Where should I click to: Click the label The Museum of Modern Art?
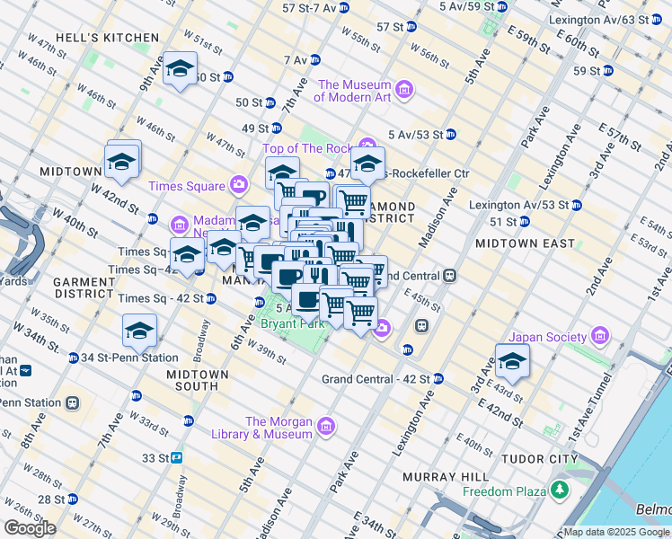pos(352,91)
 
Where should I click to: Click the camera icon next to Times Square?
pos(238,185)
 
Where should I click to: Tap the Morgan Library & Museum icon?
pos(325,425)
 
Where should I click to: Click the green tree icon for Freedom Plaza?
pos(561,490)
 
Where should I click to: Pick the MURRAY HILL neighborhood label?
pos(446,475)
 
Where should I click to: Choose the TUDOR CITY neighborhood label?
pos(538,458)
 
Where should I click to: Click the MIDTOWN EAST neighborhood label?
pos(525,243)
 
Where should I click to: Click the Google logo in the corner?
pos(30,528)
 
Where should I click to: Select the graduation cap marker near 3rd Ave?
pos(512,361)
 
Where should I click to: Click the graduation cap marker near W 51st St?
pos(180,70)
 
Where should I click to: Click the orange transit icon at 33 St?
pos(177,457)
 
